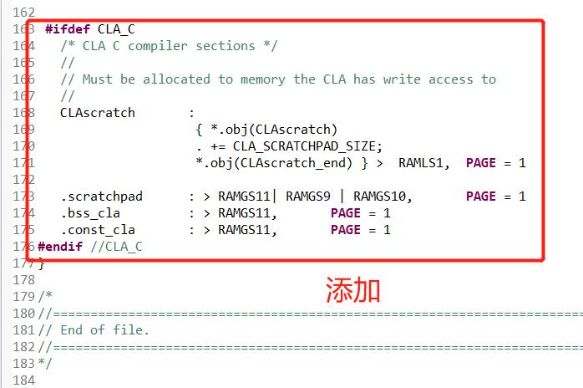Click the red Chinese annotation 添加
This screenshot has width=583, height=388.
(353, 290)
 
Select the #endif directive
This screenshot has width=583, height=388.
(62, 246)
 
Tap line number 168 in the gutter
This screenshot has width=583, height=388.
(24, 113)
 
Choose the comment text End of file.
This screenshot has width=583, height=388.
(104, 329)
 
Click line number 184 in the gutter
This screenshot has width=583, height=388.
(24, 380)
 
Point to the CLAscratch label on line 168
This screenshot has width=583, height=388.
(97, 113)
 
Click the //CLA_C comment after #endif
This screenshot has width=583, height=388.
(116, 246)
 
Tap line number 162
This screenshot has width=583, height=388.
(24, 13)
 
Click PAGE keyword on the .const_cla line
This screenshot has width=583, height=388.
(345, 230)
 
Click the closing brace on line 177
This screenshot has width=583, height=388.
(42, 263)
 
